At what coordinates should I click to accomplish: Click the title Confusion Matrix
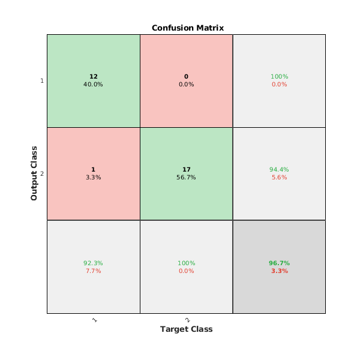click(186, 28)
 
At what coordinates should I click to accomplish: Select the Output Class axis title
click(34, 173)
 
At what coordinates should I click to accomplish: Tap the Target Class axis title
click(186, 329)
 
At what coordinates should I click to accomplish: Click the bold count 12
click(93, 77)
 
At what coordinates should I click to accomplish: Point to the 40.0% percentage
click(93, 85)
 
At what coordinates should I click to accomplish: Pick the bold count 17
click(186, 170)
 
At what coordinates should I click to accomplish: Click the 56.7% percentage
click(186, 178)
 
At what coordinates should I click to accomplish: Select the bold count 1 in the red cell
click(93, 170)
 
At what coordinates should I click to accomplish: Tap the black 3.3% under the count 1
click(93, 178)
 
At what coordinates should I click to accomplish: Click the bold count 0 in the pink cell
click(186, 77)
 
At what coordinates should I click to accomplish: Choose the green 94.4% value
click(279, 170)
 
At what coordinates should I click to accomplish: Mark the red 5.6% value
click(279, 178)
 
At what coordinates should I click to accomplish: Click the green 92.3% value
click(93, 263)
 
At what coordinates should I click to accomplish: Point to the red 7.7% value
click(93, 271)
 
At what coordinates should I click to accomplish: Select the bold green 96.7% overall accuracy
click(279, 263)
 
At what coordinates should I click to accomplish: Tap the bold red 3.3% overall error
click(279, 271)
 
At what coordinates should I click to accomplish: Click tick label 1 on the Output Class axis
click(41, 81)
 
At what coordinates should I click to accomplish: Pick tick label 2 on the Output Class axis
click(41, 174)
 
